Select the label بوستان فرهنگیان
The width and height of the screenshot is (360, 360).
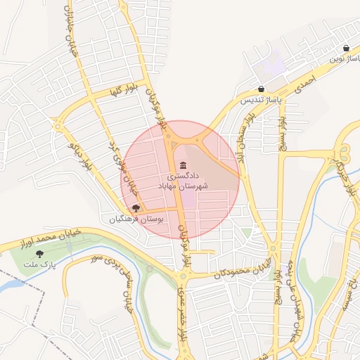(x=136, y=219)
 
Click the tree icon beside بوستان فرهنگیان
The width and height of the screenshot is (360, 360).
(x=136, y=208)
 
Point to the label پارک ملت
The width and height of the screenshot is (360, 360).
(x=39, y=264)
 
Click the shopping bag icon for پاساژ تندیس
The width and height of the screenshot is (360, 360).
(x=262, y=89)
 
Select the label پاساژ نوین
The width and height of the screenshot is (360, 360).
(x=345, y=60)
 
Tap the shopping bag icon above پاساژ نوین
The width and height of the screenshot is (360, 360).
(x=346, y=49)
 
